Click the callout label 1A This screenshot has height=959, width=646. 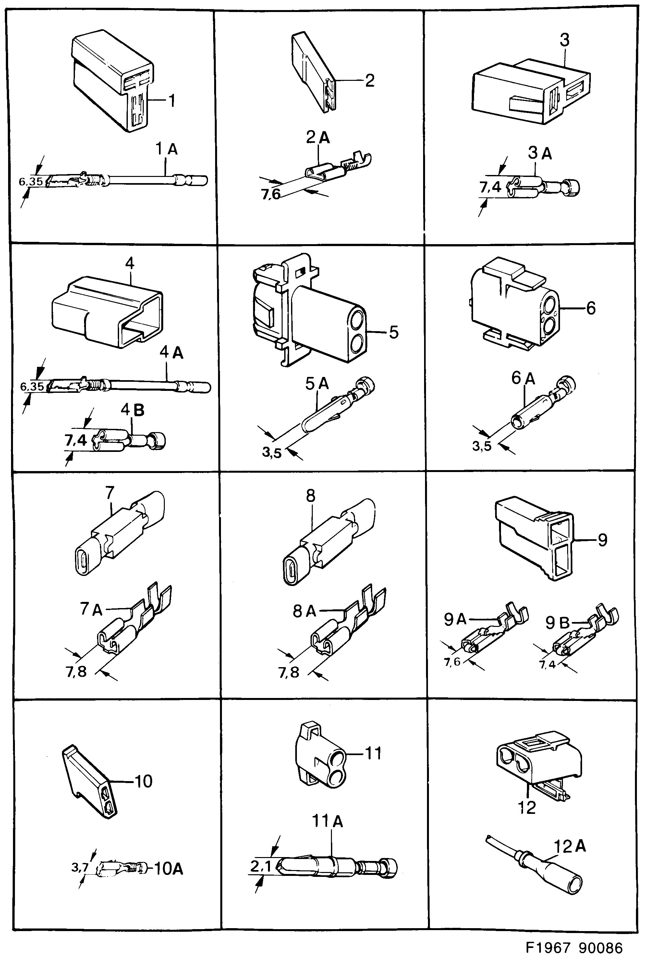pos(166,149)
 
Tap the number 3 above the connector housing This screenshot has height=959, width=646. pos(565,40)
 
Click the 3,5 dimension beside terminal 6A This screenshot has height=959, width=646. pos(481,446)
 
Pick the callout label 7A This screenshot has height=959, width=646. pos(91,609)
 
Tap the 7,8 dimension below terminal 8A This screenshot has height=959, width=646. pos(288,673)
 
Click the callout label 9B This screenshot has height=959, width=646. pos(557,623)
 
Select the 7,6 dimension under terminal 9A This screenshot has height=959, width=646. pos(452,662)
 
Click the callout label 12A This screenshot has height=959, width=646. pos(569,847)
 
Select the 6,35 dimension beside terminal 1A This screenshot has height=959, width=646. pos(31,181)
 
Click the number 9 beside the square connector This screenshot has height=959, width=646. pos(602,540)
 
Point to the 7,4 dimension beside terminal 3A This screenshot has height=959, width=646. pos(490,188)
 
